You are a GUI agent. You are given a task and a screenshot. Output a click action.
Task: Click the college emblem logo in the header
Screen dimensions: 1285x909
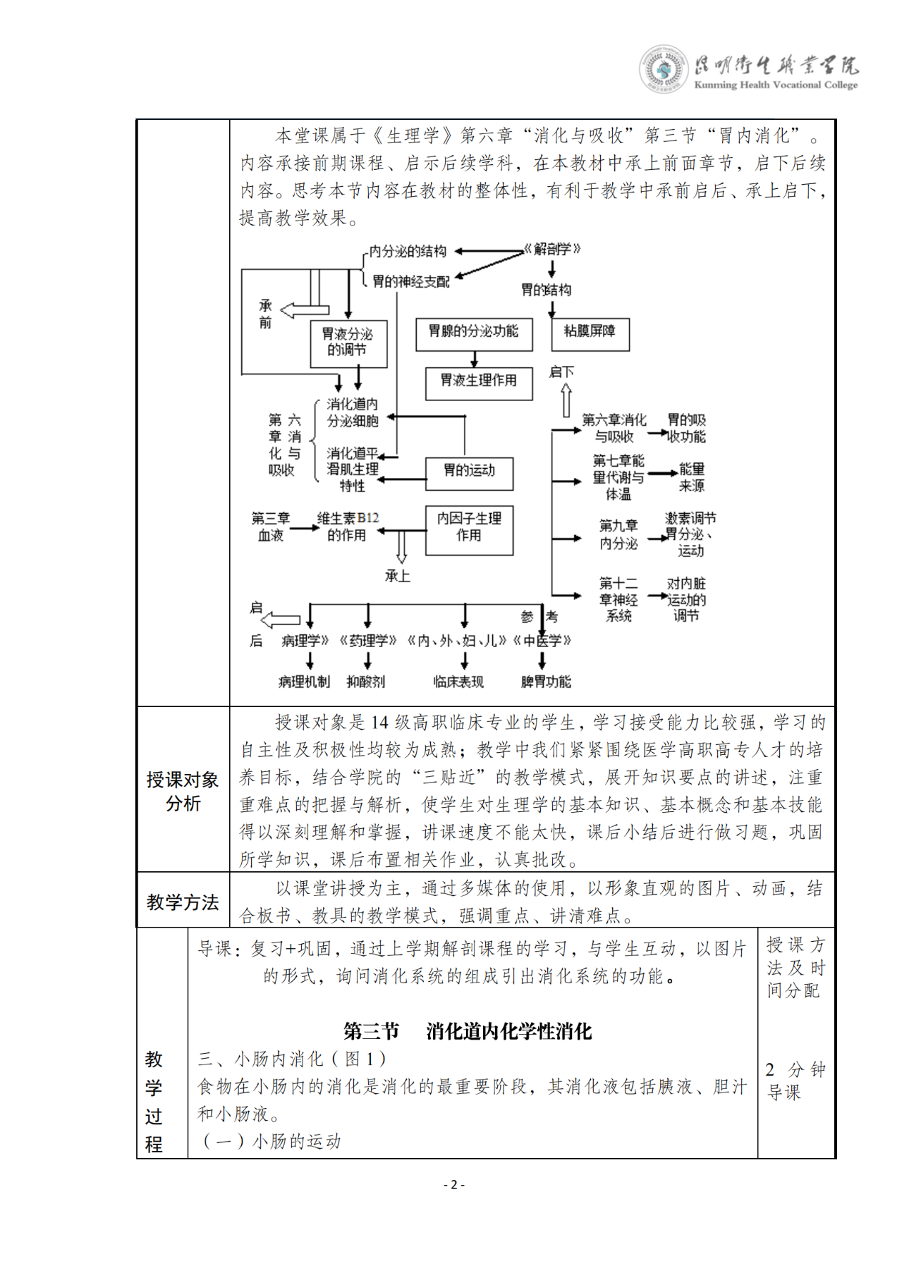tap(664, 69)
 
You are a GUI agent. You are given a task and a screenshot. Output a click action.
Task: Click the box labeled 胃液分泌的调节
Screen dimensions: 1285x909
tap(348, 343)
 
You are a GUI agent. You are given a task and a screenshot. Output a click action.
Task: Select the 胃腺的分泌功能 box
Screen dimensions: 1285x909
tap(474, 333)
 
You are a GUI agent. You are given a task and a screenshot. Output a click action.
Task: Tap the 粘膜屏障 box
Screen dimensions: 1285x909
tap(590, 333)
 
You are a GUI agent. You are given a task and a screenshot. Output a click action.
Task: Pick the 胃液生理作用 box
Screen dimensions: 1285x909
tap(479, 382)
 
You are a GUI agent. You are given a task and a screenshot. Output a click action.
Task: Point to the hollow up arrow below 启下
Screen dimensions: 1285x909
tap(566, 400)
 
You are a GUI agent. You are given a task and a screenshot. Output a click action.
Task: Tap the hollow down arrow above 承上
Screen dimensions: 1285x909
tap(401, 547)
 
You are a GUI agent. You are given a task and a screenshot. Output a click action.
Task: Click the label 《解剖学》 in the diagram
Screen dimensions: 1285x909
tap(552, 249)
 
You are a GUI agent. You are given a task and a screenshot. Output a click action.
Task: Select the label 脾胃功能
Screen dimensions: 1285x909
tap(546, 682)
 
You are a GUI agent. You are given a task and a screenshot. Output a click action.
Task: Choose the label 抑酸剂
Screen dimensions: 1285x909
tap(366, 682)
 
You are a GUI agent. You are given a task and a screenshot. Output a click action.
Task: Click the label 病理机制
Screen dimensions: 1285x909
tap(304, 682)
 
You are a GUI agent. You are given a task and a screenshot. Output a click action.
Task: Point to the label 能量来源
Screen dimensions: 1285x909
tap(691, 477)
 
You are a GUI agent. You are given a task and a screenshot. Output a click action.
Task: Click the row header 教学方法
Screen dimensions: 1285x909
tap(183, 902)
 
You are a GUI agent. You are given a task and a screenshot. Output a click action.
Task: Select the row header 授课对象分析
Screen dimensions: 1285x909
tap(183, 791)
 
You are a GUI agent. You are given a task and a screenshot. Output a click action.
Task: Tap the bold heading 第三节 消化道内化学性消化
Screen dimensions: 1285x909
tap(467, 1031)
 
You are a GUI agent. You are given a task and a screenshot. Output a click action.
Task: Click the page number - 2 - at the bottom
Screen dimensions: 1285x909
tap(454, 1185)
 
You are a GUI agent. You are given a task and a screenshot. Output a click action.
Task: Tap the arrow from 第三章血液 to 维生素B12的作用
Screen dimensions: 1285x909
tap(305, 528)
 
